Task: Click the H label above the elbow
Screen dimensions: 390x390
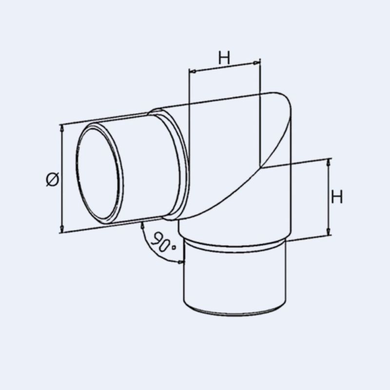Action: pyautogui.click(x=223, y=58)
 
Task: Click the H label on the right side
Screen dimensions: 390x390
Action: pyautogui.click(x=337, y=197)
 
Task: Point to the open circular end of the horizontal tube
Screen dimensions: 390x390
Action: pyautogui.click(x=99, y=174)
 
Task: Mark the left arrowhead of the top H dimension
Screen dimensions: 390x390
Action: pyautogui.click(x=192, y=71)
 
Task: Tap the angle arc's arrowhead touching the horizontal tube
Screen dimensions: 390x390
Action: pyautogui.click(x=142, y=224)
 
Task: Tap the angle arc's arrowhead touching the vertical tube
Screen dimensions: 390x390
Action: pyautogui.click(x=181, y=262)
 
